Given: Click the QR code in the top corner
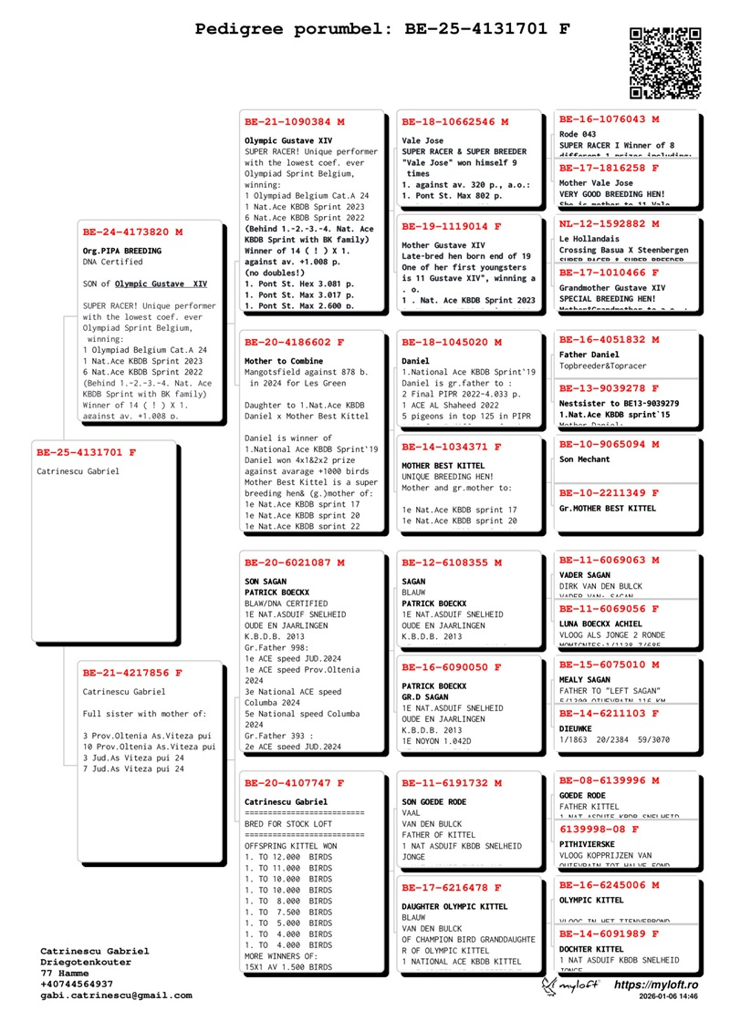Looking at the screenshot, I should coord(665,63).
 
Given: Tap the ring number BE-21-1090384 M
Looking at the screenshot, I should coord(295,121).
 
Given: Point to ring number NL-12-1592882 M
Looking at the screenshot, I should coord(609,224).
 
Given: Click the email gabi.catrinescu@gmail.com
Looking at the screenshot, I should coord(116,995).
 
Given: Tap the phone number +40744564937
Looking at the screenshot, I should coord(77,985).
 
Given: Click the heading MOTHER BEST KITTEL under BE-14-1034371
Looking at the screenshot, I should coord(443,466).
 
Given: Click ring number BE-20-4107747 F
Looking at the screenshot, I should coord(295,783).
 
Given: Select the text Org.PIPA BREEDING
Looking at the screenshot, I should coord(122,251).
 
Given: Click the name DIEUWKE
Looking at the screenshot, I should coord(577,729).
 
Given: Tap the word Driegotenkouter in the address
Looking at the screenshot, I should coord(86,963).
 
